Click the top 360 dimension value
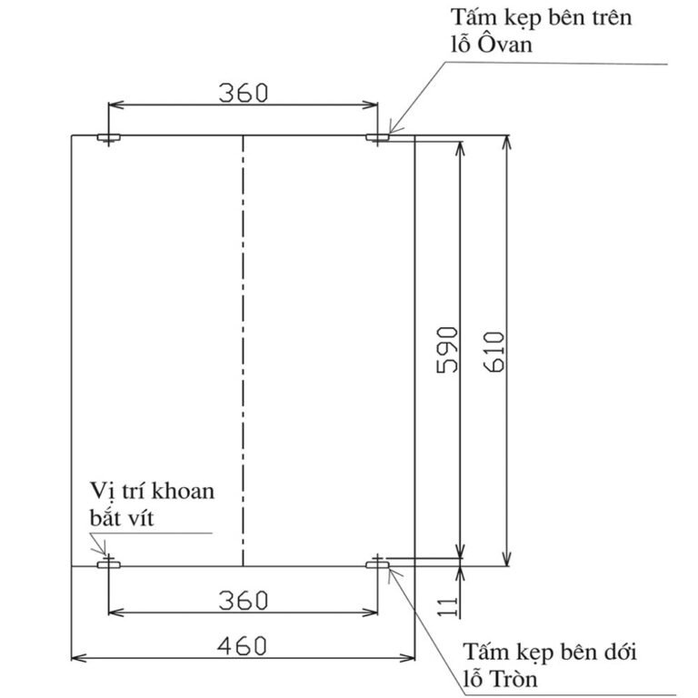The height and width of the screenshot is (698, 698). pos(244,93)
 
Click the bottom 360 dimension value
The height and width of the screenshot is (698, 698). pos(244,600)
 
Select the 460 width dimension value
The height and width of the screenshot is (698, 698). pos(242,646)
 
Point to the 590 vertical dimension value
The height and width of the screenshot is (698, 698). pos(447,350)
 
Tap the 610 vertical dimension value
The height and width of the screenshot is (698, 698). pos(494,352)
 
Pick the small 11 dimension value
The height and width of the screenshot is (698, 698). pos(447,607)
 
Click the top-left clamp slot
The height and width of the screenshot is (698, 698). pos(109,137)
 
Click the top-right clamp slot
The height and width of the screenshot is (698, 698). pos(377,137)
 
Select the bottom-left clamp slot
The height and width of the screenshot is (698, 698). pos(109,565)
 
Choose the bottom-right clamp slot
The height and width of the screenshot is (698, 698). pos(377,565)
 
